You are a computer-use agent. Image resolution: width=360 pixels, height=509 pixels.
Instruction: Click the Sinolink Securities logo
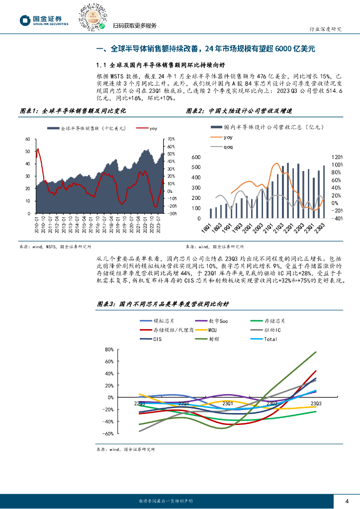(43, 20)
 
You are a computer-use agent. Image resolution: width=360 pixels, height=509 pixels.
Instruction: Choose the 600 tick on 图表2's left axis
(195, 157)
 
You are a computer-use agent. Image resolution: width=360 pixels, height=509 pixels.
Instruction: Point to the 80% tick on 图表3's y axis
(110, 349)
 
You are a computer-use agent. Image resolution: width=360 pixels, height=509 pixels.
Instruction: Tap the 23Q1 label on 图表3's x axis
(227, 403)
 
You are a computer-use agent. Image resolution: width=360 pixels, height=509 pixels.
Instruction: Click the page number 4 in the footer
(347, 500)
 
